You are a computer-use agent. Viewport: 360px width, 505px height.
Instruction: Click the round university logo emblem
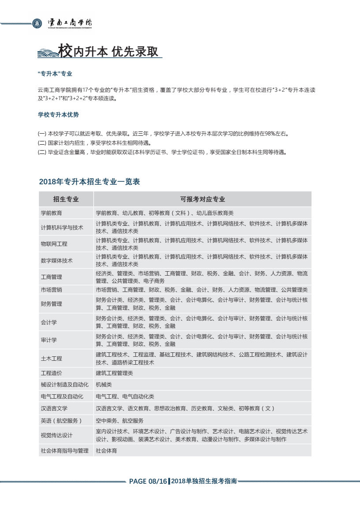[x=37, y=23]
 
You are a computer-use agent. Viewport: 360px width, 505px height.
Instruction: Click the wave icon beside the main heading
[x=48, y=53]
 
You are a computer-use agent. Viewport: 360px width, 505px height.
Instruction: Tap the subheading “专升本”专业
[x=55, y=74]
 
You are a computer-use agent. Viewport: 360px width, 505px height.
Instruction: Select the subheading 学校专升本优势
[x=58, y=115]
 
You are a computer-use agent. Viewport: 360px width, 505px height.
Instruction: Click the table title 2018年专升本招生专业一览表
[x=90, y=182]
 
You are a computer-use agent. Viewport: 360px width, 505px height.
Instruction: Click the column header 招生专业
[x=66, y=199]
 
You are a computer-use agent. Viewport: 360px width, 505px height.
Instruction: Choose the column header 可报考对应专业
[x=202, y=199]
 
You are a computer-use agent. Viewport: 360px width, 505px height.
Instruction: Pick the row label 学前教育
[x=51, y=213]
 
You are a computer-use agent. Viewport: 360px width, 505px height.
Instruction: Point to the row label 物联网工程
[x=54, y=243]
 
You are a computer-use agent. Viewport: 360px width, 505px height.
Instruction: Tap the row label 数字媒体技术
[x=56, y=260]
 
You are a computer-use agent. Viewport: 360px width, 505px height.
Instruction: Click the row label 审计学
[x=49, y=340]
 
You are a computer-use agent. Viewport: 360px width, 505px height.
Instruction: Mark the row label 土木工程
[x=51, y=358]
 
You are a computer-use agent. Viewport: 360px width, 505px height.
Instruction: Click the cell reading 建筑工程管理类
[x=114, y=373]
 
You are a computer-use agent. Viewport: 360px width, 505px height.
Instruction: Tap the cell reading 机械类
[x=104, y=385]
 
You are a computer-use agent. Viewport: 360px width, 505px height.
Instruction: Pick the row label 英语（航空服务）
[x=61, y=421]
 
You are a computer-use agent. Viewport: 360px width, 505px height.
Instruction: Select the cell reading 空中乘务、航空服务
[x=120, y=421]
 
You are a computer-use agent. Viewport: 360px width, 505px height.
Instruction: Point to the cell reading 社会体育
[x=106, y=451]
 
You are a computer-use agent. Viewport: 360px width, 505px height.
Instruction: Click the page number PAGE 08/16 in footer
[x=148, y=481]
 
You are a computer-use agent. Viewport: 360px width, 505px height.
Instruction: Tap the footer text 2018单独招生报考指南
[x=204, y=481]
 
